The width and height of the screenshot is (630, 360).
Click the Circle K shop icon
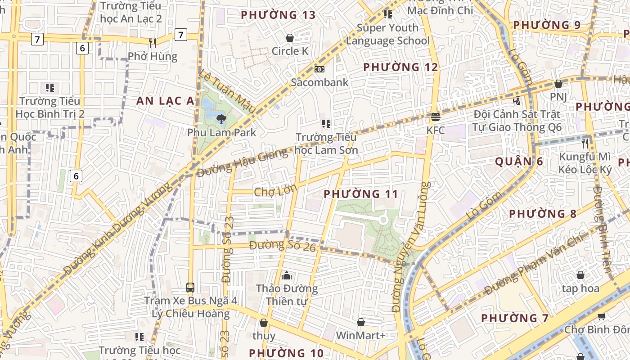point(290,38)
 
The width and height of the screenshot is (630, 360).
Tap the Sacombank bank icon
point(319,69)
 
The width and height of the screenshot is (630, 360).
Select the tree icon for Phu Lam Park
point(221,119)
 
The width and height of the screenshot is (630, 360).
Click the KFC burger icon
point(435,117)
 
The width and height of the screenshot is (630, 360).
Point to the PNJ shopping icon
point(558,84)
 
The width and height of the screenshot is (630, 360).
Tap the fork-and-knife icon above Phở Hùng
point(153,43)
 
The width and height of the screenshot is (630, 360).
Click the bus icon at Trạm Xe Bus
point(190,287)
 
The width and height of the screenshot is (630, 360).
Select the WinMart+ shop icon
point(361,322)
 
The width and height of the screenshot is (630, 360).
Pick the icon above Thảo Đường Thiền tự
point(287,275)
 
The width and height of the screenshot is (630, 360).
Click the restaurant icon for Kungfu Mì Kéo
point(585,144)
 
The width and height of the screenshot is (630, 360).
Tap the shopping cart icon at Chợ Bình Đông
point(601,316)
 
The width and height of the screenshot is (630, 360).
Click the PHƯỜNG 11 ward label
point(361,194)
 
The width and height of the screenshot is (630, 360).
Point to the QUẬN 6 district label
point(519,162)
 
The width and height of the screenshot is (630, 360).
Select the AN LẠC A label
point(166,101)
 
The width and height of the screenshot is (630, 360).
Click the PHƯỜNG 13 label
point(278,15)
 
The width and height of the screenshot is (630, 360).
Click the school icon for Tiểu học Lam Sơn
point(326,123)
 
